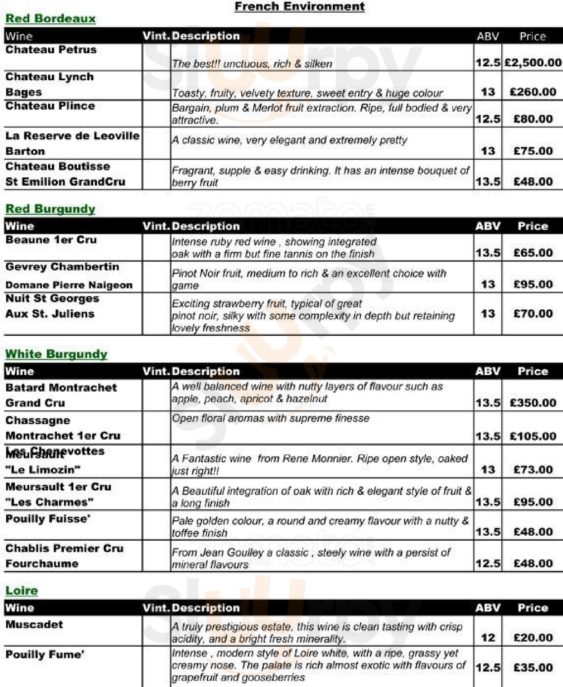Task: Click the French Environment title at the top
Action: click(300, 6)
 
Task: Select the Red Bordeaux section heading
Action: click(51, 19)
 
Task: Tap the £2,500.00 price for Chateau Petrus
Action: click(533, 63)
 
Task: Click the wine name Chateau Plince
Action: click(50, 106)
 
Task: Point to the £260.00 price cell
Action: click(533, 92)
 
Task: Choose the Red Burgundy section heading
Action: click(51, 209)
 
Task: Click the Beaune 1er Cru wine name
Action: click(51, 240)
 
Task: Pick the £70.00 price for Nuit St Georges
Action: click(533, 314)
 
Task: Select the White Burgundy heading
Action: click(57, 354)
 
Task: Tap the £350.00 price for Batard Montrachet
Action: click(533, 403)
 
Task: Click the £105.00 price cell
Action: click(533, 436)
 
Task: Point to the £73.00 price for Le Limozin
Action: click(533, 470)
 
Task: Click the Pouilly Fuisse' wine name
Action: click(48, 519)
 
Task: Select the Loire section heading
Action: click(22, 591)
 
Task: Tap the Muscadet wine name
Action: click(34, 624)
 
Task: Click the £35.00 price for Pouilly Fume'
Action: click(533, 668)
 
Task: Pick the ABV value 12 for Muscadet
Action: click(488, 638)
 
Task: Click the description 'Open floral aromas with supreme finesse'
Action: click(271, 418)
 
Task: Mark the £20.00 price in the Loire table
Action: click(533, 638)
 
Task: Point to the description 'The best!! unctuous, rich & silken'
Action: click(252, 64)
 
